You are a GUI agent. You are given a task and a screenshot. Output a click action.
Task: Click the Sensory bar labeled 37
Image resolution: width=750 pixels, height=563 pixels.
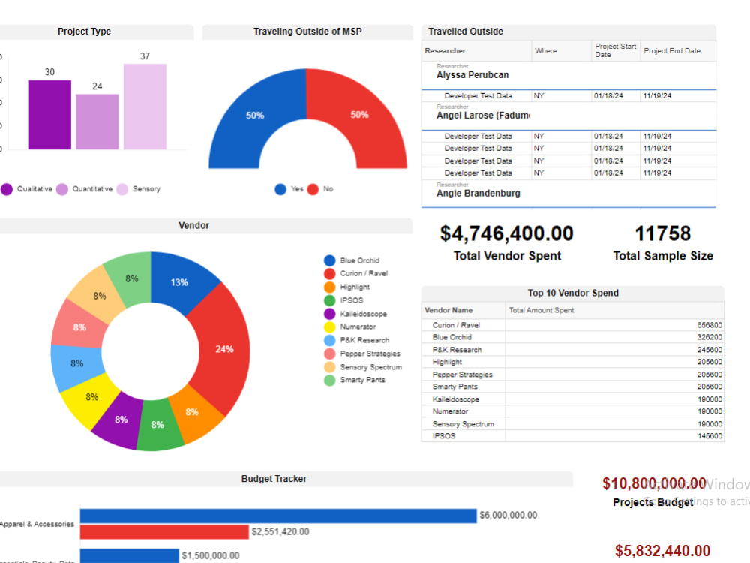[x=145, y=106]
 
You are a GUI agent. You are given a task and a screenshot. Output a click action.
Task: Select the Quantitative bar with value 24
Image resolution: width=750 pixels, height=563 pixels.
[x=97, y=121]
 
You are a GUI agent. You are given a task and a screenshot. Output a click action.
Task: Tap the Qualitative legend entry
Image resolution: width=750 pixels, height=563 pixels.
[x=28, y=189]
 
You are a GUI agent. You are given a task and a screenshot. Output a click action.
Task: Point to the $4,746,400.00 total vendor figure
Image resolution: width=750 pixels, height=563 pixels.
[x=507, y=233]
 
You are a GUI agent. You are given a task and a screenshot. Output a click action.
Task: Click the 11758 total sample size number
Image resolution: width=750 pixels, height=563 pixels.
[x=662, y=233]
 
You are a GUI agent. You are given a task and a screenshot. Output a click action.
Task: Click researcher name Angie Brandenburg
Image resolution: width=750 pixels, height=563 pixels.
[x=478, y=194]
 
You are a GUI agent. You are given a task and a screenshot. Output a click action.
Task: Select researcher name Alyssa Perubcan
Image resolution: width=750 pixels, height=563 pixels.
[x=472, y=75]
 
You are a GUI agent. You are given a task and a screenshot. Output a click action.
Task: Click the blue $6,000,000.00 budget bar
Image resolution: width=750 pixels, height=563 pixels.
[x=277, y=516]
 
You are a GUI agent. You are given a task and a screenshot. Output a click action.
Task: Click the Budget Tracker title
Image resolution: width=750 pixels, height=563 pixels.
[x=274, y=479]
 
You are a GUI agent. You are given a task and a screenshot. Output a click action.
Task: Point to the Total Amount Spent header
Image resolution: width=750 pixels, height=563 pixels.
[x=541, y=310]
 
